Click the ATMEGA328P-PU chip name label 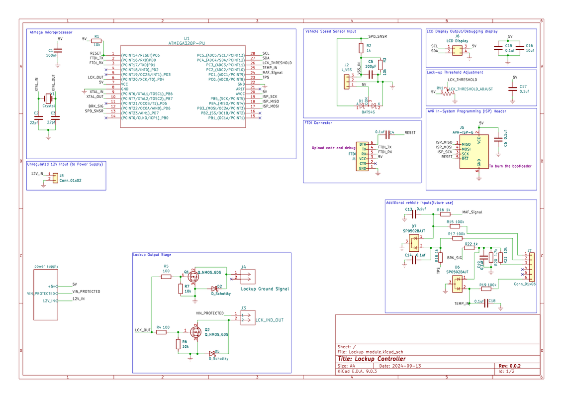[x=187, y=43]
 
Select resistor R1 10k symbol [x=96, y=41]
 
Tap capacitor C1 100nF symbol [x=58, y=51]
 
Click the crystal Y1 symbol [x=48, y=99]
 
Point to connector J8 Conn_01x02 [x=55, y=178]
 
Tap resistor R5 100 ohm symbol [x=166, y=277]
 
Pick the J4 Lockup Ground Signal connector [x=247, y=277]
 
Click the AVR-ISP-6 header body [x=473, y=151]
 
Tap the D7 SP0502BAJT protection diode [x=414, y=243]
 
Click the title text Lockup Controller [x=372, y=359]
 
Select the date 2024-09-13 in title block [x=407, y=366]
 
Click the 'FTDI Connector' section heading [x=319, y=123]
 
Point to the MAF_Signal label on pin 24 [x=273, y=73]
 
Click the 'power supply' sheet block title [x=46, y=267]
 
